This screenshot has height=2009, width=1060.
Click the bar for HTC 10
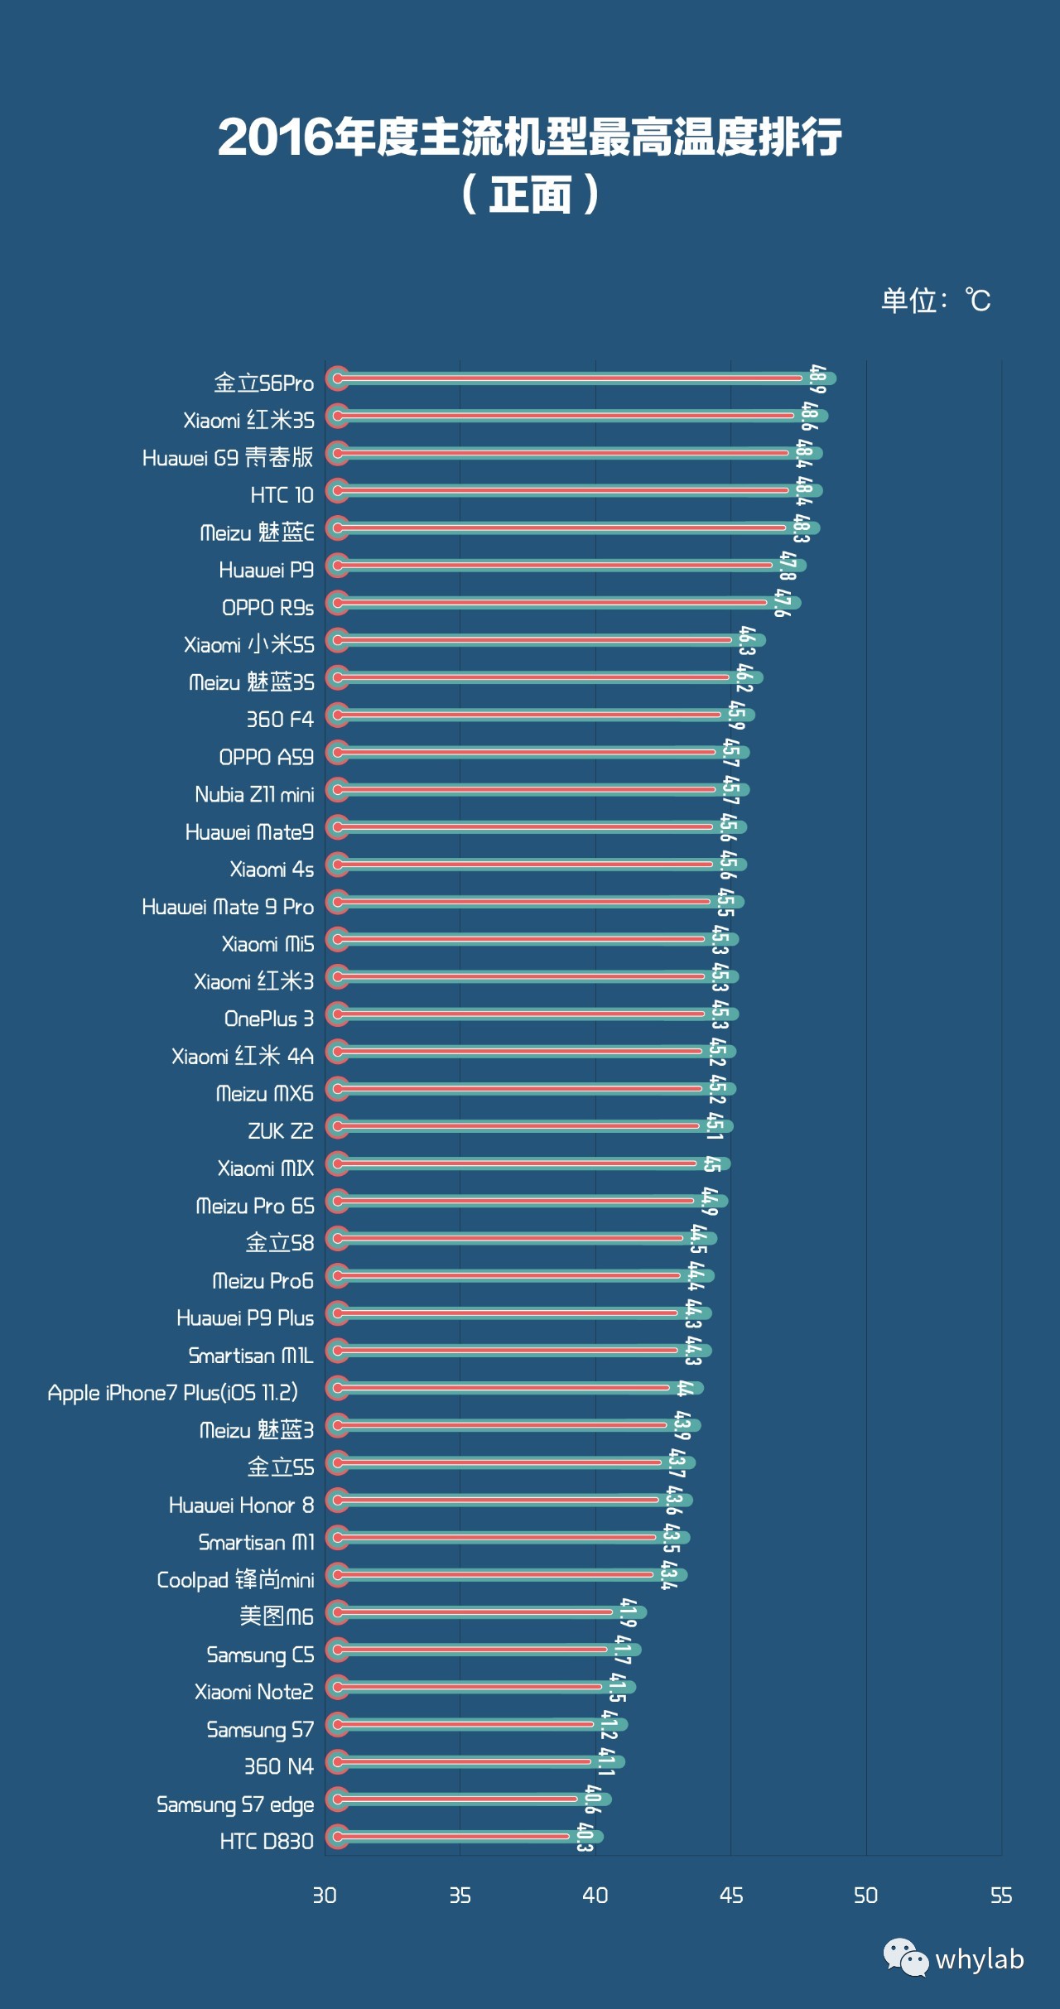pyautogui.click(x=571, y=491)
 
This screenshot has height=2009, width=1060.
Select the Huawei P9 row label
pyautogui.click(x=266, y=570)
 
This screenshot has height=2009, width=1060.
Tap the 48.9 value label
pyautogui.click(x=817, y=379)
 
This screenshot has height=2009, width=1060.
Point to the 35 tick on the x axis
pyautogui.click(x=460, y=1896)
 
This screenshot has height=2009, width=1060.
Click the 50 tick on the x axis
pyautogui.click(x=865, y=1896)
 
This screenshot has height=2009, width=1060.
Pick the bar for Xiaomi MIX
pyautogui.click(x=530, y=1163)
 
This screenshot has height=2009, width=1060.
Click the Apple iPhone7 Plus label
pyautogui.click(x=172, y=1393)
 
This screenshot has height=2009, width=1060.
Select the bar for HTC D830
pyautogui.click(x=464, y=1836)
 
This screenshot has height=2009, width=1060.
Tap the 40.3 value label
pyautogui.click(x=585, y=1837)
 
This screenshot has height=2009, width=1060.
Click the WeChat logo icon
pyautogui.click(x=905, y=1958)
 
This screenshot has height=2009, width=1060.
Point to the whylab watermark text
pyautogui.click(x=980, y=1959)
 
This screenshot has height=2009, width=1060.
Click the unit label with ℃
pyautogui.click(x=936, y=300)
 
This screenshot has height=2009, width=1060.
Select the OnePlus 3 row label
pyautogui.click(x=268, y=1019)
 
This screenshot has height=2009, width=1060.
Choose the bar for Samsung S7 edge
pyautogui.click(x=468, y=1799)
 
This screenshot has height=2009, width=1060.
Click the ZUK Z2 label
pyautogui.click(x=280, y=1131)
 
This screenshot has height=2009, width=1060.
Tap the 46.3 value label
pyautogui.click(x=747, y=640)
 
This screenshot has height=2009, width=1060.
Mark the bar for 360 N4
pyautogui.click(x=476, y=1761)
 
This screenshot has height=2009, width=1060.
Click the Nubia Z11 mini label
pyautogui.click(x=254, y=795)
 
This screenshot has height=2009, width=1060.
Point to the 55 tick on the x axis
pyautogui.click(x=1001, y=1896)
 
